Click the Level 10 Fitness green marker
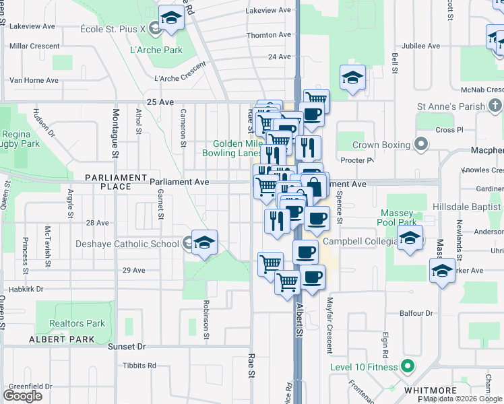coord(406,367)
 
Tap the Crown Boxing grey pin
coord(422,145)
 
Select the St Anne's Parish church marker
coord(495,106)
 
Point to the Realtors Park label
coord(77,323)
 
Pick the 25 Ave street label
coord(160,102)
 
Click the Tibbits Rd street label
coord(139,366)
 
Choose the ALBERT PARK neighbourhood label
coord(62,339)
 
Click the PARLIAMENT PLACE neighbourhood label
coord(115,182)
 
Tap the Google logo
coord(23,396)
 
